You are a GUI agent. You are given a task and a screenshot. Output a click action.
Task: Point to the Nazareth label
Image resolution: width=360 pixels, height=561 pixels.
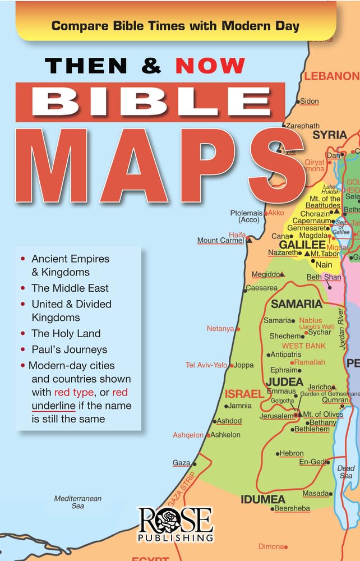pos(283,253)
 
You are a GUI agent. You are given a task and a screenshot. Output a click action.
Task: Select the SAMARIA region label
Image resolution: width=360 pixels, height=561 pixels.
pos(297,304)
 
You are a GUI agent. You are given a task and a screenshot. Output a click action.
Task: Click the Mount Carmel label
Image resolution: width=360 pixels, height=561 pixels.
pos(220,241)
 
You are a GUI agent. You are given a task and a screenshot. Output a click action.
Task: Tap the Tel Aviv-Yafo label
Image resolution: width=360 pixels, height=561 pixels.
pos(206,365)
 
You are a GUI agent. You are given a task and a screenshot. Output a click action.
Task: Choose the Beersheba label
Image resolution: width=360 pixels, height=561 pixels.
pos(292,508)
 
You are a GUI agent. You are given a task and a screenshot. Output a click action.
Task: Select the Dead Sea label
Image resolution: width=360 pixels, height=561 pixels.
pos(346,472)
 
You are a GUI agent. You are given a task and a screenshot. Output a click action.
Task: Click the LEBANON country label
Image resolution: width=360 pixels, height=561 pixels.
pos(337,76)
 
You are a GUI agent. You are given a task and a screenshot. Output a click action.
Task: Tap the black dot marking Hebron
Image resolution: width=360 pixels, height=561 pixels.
pos(278,453)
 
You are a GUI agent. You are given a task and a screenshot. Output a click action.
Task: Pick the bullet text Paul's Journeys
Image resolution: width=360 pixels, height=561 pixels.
pos(69,350)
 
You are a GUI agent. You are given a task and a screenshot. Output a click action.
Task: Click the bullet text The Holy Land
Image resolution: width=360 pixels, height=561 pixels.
pos(66,333)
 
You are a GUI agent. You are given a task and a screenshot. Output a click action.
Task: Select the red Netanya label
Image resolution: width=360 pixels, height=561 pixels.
pos(220,329)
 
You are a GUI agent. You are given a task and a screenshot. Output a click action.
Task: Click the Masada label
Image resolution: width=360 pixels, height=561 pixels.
pos(316,493)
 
